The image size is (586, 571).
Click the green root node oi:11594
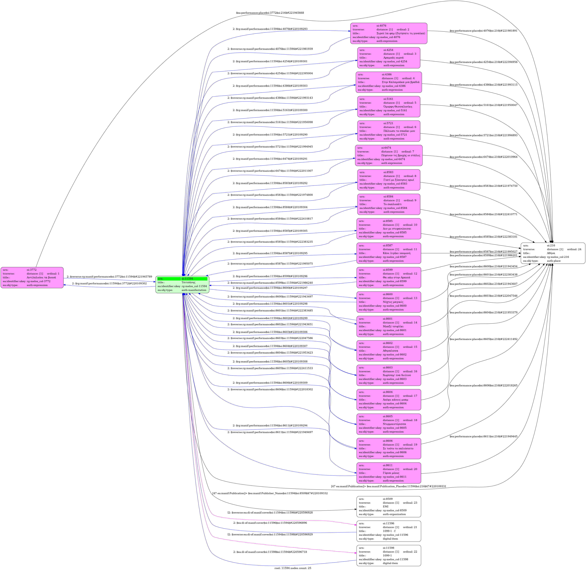pyautogui.click(x=182, y=284)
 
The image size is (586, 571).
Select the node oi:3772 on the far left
pyautogui.click(x=32, y=277)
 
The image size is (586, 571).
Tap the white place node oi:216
pyautogui.click(x=553, y=253)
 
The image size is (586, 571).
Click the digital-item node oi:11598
pyautogui.click(x=389, y=555)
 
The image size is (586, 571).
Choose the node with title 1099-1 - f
pyautogui.click(x=389, y=531)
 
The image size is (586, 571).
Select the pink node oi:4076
pyautogui.click(x=389, y=33)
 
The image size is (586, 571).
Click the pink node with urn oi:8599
pyautogui.click(x=389, y=277)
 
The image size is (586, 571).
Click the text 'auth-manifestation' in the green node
pyautogui.click(x=194, y=290)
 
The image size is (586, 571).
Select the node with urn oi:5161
pyautogui.click(x=389, y=106)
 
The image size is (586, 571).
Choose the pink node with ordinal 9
pyautogui.click(x=389, y=204)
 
